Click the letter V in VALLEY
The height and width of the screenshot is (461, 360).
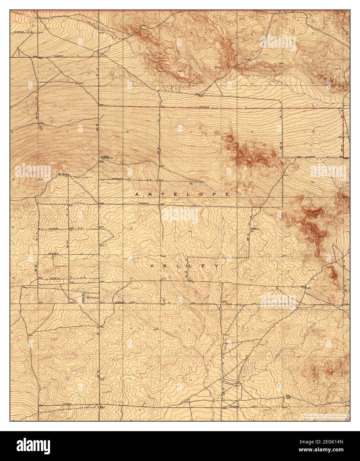coord(152,266)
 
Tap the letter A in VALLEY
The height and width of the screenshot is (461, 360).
coord(165,266)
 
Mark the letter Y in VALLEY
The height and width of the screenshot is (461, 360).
coord(216,266)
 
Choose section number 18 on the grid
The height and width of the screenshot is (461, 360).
coord(128,132)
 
